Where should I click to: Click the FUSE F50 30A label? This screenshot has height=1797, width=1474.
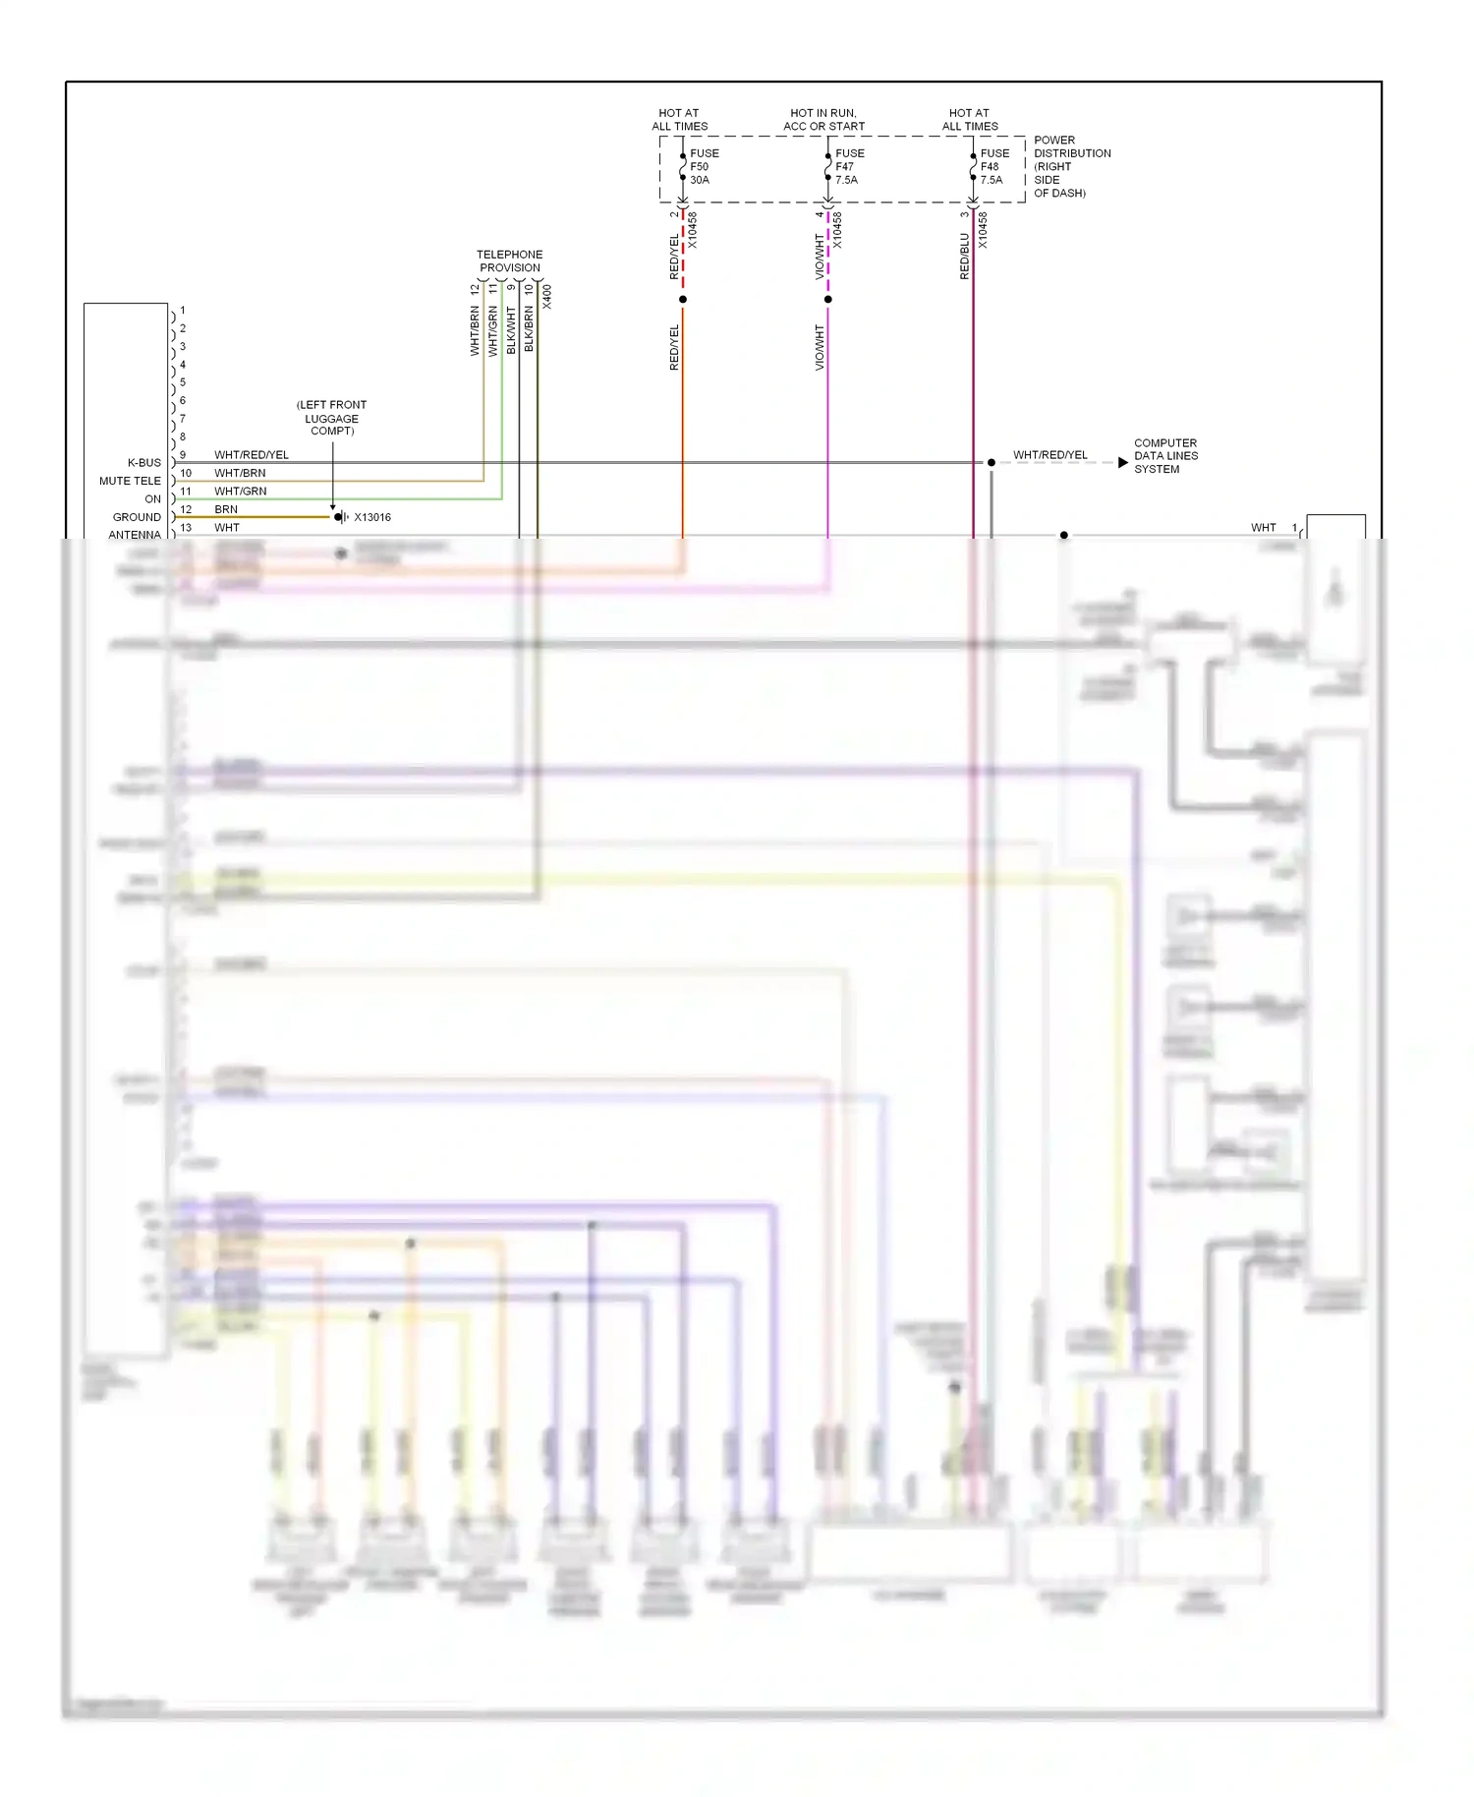pyautogui.click(x=704, y=166)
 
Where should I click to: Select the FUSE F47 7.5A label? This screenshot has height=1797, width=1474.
pyautogui.click(x=849, y=166)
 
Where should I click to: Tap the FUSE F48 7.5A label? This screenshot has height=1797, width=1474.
pyautogui.click(x=993, y=166)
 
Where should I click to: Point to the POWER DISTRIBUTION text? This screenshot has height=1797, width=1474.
pyautogui.click(x=1071, y=147)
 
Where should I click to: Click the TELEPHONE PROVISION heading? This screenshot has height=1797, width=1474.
pyautogui.click(x=509, y=261)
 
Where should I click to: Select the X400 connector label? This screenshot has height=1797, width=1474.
pyautogui.click(x=547, y=297)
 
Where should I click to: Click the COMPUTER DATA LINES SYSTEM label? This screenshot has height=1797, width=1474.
pyautogui.click(x=1165, y=456)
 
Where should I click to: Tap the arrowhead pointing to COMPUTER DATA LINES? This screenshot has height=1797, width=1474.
pyautogui.click(x=1122, y=462)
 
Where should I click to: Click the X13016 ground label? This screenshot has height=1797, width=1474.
pyautogui.click(x=372, y=517)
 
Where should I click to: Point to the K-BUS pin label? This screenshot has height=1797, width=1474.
pyautogui.click(x=143, y=462)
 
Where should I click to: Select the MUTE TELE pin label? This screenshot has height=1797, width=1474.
pyautogui.click(x=130, y=481)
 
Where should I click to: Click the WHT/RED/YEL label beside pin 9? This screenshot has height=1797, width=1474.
pyautogui.click(x=252, y=455)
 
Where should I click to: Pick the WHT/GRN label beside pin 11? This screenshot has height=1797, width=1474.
pyautogui.click(x=240, y=492)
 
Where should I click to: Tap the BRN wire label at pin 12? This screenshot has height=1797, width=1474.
pyautogui.click(x=226, y=509)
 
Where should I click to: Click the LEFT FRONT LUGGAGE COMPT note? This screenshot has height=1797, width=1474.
pyautogui.click(x=331, y=418)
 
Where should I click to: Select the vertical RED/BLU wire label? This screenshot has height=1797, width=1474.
pyautogui.click(x=964, y=257)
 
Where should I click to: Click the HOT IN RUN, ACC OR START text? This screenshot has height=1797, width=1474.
pyautogui.click(x=823, y=120)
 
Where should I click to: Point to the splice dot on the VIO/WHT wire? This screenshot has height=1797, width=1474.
pyautogui.click(x=827, y=299)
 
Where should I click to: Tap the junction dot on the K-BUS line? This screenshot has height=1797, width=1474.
pyautogui.click(x=991, y=462)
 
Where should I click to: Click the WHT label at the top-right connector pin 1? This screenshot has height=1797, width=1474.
pyautogui.click(x=1263, y=528)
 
